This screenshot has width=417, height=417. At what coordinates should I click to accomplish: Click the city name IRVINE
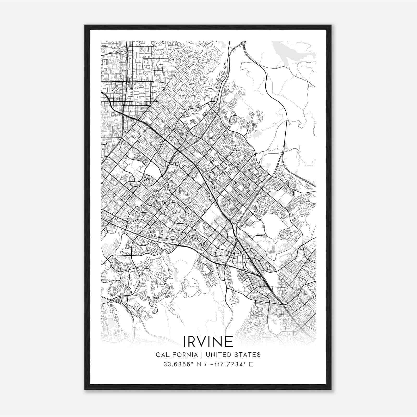208,341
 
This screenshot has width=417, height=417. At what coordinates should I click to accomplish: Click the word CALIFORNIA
176,355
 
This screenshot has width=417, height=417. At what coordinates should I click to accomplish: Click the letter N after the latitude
199,364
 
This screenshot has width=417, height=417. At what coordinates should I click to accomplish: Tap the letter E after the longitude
251,364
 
